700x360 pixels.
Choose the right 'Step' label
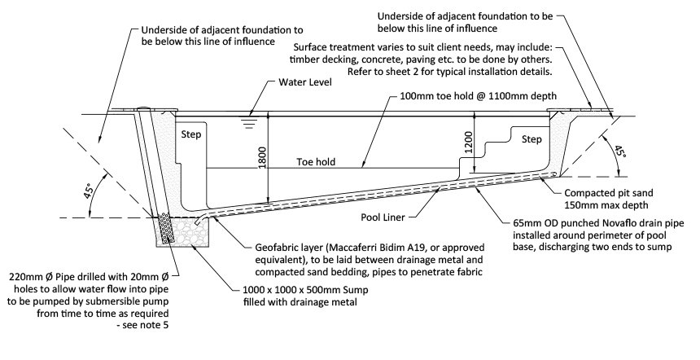[532, 139]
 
